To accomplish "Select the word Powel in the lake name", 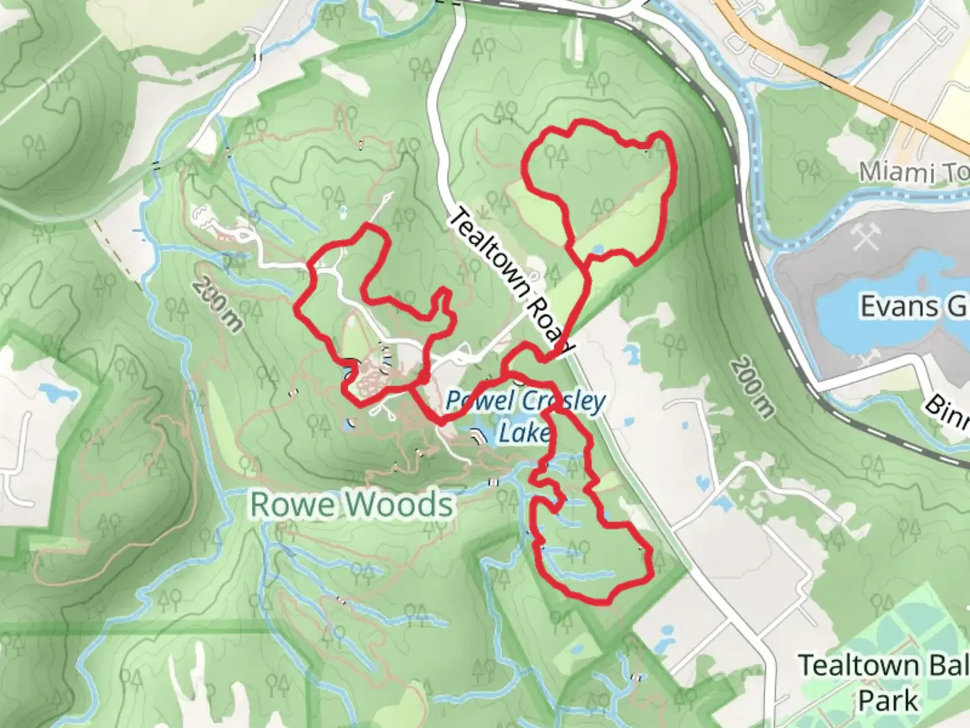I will [474, 402].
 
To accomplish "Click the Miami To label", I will [913, 173].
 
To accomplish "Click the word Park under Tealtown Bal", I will [888, 701].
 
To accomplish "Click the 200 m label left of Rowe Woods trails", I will [216, 305].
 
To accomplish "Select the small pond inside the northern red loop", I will [596, 250].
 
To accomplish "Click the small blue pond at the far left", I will [51, 391].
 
